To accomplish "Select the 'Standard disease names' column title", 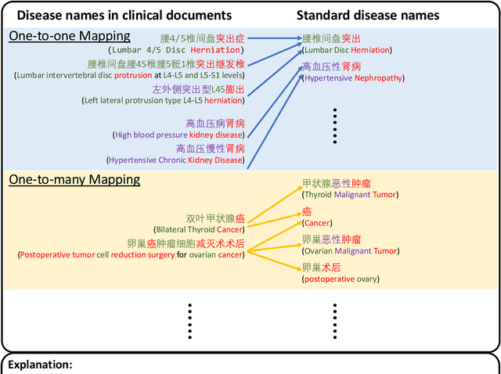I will click(x=379, y=15).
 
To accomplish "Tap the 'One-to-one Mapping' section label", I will click(x=70, y=36).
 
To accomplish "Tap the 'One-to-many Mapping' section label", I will click(x=74, y=180).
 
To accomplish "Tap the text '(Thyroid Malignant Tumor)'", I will click(x=350, y=196).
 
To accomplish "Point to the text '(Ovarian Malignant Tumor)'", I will click(x=351, y=250).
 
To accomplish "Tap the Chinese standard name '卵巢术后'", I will click(x=321, y=268).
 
